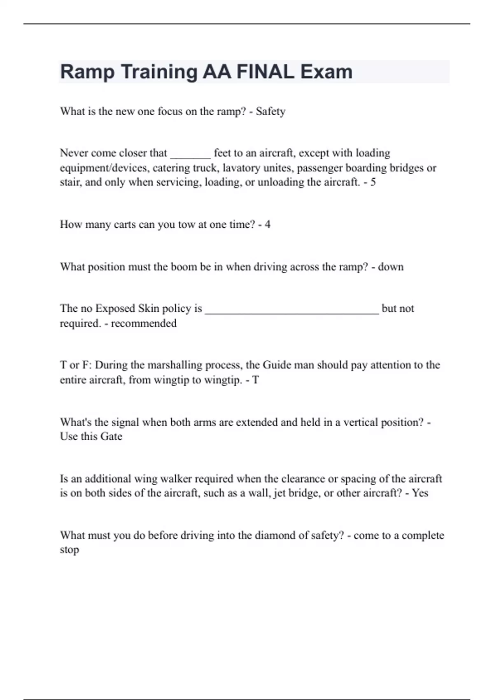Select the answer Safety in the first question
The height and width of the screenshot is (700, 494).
click(270, 112)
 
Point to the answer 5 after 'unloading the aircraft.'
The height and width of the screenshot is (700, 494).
click(373, 182)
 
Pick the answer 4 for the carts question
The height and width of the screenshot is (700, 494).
click(268, 225)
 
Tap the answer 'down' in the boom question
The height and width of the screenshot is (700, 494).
click(391, 267)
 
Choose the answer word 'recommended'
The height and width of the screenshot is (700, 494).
click(144, 324)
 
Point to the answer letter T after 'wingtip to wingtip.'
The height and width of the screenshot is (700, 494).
click(256, 380)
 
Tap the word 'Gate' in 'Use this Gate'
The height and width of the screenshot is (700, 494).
click(111, 436)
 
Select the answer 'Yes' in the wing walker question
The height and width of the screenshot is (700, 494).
click(420, 493)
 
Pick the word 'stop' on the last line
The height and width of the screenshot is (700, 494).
click(69, 550)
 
